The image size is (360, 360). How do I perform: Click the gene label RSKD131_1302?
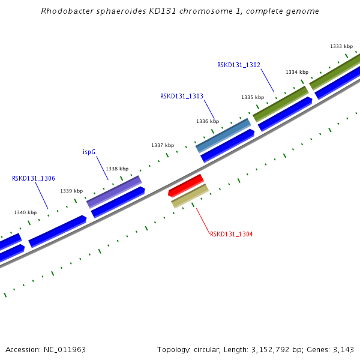(238, 65)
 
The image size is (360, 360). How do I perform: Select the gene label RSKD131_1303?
(181, 96)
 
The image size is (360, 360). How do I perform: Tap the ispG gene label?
(89, 152)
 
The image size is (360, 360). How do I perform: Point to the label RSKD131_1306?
(34, 178)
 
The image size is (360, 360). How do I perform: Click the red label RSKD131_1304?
(231, 234)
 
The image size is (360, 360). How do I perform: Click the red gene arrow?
(186, 185)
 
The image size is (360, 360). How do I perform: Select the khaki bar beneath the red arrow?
(190, 196)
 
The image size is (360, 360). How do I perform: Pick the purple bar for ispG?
(114, 191)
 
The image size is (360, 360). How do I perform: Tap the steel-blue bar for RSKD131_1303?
(223, 135)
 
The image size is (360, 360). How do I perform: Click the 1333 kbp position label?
(341, 46)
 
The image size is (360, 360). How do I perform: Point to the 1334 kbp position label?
(296, 72)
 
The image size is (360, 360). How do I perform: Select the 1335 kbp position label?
(252, 97)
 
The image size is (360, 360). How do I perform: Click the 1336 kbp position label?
(207, 121)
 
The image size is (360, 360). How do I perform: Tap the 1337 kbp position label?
(162, 145)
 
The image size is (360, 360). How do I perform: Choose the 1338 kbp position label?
(116, 169)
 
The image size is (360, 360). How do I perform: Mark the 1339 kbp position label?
(71, 191)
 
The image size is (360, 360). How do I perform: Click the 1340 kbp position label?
(25, 212)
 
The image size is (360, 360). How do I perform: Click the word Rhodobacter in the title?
(65, 11)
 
